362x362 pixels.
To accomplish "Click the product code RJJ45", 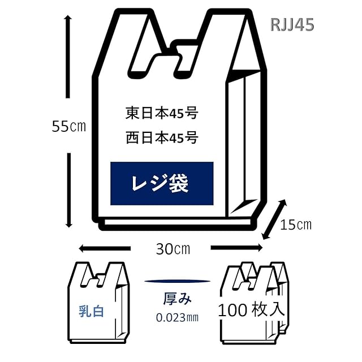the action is [292, 25].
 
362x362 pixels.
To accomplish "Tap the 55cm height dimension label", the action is [69, 126].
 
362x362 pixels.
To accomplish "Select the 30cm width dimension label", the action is [173, 249].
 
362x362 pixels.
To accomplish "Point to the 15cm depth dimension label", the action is [296, 225].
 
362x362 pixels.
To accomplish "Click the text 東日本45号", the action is [162, 113].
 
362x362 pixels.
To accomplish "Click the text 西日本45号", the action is [162, 137].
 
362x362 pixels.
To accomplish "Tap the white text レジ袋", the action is [160, 183].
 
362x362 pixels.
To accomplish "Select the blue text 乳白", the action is [91, 312].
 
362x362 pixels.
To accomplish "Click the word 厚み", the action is [177, 299].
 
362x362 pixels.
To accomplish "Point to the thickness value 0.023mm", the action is [177, 318].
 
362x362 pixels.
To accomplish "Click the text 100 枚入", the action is [251, 309].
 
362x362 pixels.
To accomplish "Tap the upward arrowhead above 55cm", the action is [68, 19].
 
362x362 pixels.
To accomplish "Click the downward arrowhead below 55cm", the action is [68, 223].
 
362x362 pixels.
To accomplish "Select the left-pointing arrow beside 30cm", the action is [105, 248].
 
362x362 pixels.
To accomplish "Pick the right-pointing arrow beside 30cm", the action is [236, 248].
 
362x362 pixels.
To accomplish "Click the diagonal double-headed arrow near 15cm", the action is [274, 219].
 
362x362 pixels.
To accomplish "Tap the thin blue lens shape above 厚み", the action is [177, 281].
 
